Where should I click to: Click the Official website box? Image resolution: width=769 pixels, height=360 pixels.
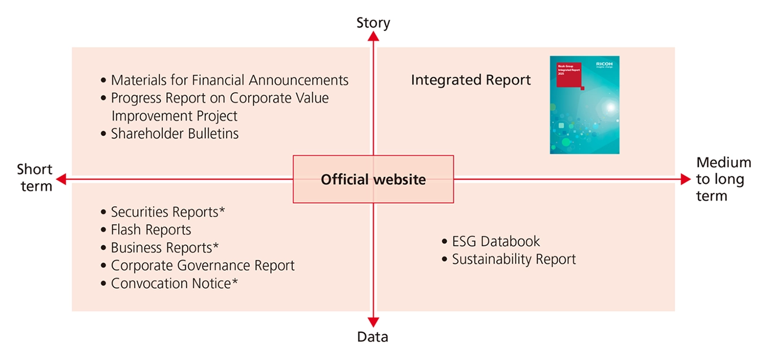point(373,180)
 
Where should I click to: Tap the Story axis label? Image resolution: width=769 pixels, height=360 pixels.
point(373,23)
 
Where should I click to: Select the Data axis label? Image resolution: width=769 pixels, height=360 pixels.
point(373,337)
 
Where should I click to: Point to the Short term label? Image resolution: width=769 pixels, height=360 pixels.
point(35,177)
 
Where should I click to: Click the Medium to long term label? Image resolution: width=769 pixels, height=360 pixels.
point(723,179)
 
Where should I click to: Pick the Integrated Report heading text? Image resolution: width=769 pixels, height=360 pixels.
point(470,80)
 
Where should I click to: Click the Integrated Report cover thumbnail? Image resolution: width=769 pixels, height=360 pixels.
point(584,105)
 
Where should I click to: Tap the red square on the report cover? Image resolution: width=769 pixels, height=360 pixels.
point(568,75)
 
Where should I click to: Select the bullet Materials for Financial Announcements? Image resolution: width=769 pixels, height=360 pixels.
point(230,80)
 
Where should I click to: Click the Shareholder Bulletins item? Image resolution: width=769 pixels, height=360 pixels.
point(175,134)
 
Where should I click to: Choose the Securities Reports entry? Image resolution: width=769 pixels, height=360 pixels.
point(168,212)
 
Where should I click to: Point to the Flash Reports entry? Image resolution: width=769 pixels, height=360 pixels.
point(151,230)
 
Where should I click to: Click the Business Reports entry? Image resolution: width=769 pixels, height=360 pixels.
point(165,248)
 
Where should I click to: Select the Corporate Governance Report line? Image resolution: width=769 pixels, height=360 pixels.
point(202,266)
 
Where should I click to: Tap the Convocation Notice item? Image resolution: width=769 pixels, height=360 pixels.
point(174,283)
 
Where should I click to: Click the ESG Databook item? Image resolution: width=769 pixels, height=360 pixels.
point(495,242)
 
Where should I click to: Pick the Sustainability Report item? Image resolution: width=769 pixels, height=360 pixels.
point(513,259)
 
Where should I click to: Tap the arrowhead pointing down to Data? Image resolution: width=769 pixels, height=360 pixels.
point(373,322)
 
